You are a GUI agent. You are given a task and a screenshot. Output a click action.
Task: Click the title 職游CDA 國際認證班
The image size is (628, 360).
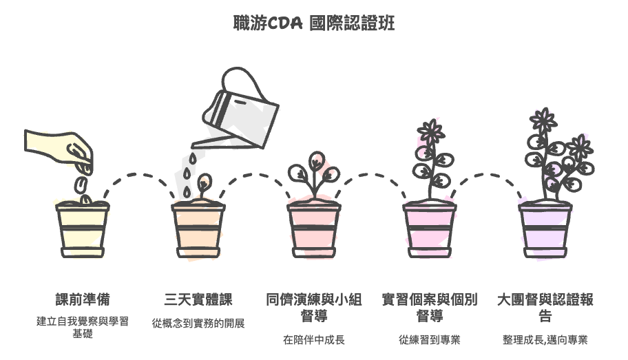[314, 23]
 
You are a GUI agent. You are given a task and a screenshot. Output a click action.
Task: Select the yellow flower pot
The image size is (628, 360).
[83, 229]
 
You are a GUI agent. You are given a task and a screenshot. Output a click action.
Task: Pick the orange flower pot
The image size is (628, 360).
[198, 229]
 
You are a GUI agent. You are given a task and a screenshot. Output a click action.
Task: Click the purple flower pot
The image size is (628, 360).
[545, 229]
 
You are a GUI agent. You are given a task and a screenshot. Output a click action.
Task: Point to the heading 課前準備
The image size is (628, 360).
[83, 299]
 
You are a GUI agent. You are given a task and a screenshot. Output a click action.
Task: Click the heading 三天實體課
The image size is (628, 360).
[198, 299]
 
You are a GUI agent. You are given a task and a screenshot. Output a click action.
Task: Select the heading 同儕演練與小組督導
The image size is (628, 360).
[314, 308]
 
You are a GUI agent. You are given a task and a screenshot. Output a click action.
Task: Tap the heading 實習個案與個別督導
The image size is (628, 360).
[430, 308]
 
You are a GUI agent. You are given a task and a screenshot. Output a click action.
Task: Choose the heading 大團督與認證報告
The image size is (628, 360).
[545, 308]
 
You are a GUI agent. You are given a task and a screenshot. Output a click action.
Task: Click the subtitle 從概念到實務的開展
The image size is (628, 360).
[198, 323]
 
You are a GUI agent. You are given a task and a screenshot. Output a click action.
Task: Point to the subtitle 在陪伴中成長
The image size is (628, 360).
[314, 340]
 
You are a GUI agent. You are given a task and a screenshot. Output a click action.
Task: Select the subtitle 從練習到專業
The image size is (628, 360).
[430, 340]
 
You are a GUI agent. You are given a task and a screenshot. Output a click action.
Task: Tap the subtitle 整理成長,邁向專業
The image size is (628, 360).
[545, 340]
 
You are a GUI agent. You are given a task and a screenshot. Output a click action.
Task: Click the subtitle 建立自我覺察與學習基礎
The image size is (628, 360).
[83, 327]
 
